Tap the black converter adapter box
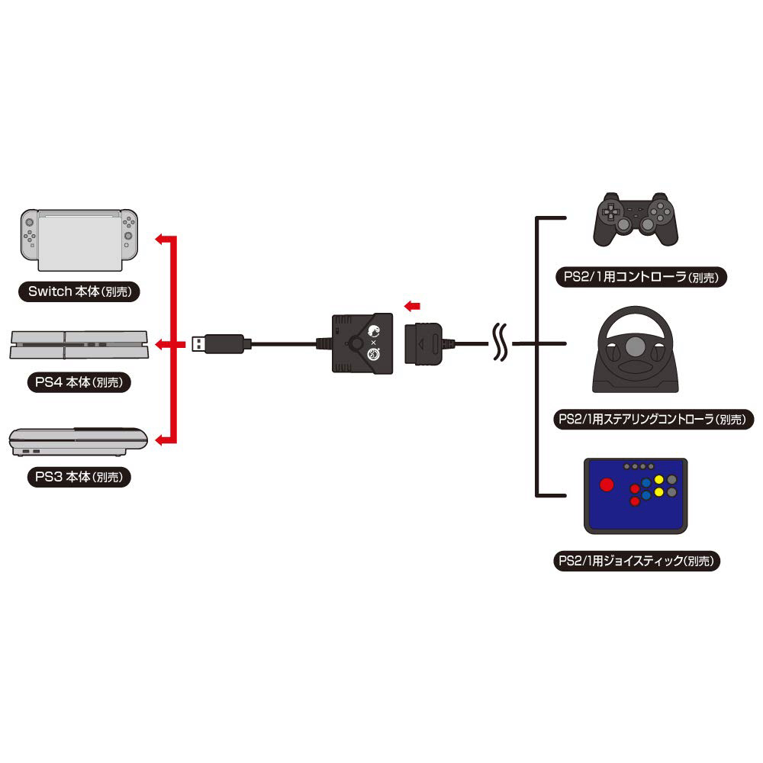tap(362, 343)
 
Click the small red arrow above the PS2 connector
tap(412, 306)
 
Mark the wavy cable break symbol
tap(501, 344)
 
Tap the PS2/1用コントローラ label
tap(636, 278)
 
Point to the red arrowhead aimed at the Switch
tap(160, 240)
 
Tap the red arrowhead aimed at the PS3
tap(160, 440)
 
